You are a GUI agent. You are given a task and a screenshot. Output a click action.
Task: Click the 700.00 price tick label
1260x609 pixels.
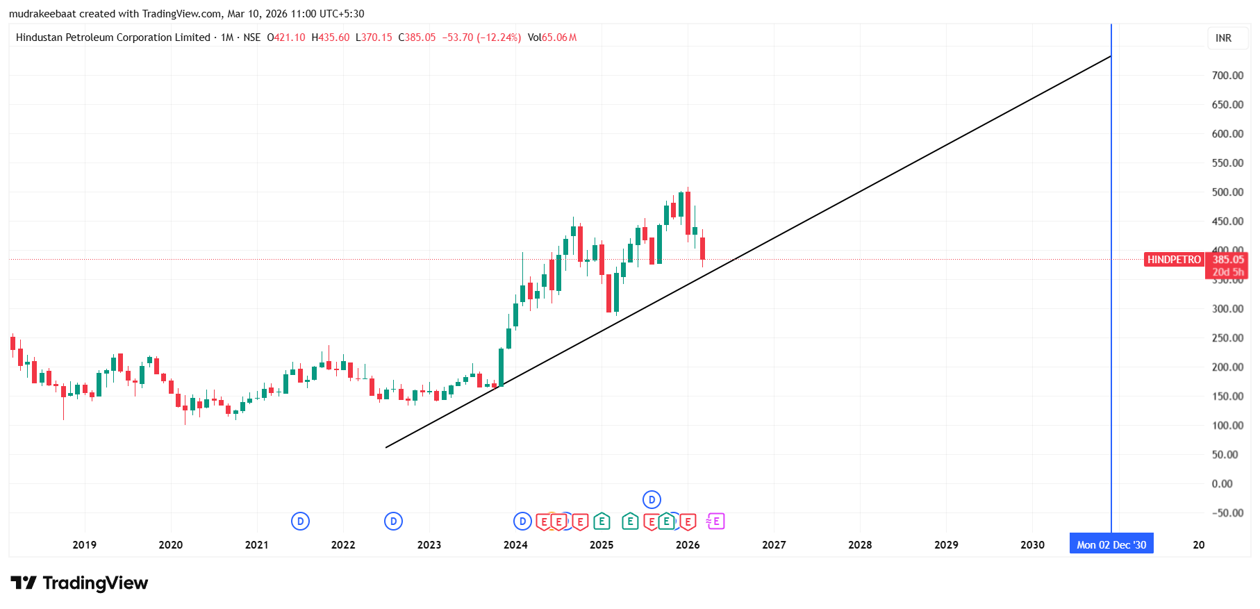coord(1227,75)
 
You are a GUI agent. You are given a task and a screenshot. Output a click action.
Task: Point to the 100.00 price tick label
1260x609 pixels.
coord(1227,425)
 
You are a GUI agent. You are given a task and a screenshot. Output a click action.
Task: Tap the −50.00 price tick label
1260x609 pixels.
coord(1227,512)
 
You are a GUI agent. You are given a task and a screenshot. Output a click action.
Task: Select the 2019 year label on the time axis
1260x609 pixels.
coord(85,544)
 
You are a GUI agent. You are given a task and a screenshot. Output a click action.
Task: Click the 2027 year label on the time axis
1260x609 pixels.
coord(774,544)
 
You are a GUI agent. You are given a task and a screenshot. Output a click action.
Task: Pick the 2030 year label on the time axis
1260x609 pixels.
coord(1032,544)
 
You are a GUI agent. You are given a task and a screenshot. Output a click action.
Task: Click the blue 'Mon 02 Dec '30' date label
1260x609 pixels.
coord(1111,544)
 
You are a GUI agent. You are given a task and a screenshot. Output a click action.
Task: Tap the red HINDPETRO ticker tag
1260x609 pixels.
coord(1174,260)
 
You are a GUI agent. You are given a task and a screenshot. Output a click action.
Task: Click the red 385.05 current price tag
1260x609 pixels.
coord(1228,260)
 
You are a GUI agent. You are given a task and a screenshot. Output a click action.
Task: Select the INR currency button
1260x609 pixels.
coord(1223,38)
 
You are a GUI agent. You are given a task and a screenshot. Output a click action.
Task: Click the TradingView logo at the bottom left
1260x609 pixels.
coord(79,583)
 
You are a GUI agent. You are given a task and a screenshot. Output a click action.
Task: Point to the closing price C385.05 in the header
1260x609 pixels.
coord(417,37)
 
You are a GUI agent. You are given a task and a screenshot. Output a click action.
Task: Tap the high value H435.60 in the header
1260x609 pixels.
coord(331,37)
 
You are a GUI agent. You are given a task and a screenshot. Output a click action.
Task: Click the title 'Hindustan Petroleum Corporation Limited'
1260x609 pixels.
coord(113,37)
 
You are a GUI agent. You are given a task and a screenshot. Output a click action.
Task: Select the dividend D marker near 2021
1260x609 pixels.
coord(300,521)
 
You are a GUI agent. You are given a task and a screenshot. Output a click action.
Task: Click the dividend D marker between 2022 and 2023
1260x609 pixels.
coord(393,521)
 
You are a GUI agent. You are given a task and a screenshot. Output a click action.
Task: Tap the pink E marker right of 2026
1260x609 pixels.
coord(715,521)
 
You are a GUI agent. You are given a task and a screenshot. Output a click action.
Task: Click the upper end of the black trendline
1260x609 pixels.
coord(1110,56)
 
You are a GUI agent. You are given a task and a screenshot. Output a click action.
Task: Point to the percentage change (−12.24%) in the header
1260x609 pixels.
coord(499,37)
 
